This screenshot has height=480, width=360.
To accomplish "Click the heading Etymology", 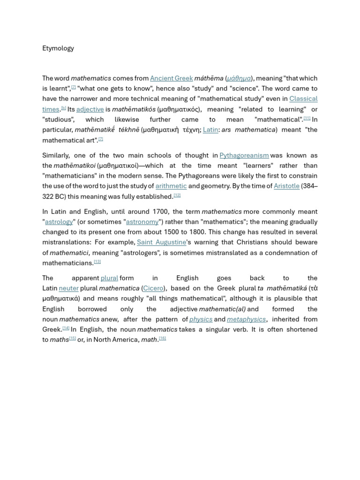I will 58,48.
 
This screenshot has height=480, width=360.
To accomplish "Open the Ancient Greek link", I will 171,78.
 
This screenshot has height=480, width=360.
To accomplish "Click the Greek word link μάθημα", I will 239,78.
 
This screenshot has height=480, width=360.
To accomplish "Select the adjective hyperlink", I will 90,109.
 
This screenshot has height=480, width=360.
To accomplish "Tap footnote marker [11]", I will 307,118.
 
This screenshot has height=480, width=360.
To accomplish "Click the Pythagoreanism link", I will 244,155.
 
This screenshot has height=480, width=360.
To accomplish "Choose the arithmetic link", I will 171,186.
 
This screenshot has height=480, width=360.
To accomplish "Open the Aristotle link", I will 286,186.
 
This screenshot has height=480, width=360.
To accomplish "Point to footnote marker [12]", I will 177,195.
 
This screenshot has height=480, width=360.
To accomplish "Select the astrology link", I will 59,222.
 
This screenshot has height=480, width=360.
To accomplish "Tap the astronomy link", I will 142,222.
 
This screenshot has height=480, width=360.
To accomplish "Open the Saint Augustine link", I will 161,242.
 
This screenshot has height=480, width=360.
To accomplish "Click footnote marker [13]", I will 97,262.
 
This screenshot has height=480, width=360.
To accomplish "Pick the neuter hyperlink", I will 68,288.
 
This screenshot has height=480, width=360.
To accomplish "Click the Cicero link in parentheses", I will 153,288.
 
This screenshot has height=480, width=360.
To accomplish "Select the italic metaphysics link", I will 246,319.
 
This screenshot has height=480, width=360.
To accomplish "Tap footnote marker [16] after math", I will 162,338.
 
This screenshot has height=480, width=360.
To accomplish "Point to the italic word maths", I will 59,340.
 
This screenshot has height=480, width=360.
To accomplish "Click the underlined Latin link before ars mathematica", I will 210,130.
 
